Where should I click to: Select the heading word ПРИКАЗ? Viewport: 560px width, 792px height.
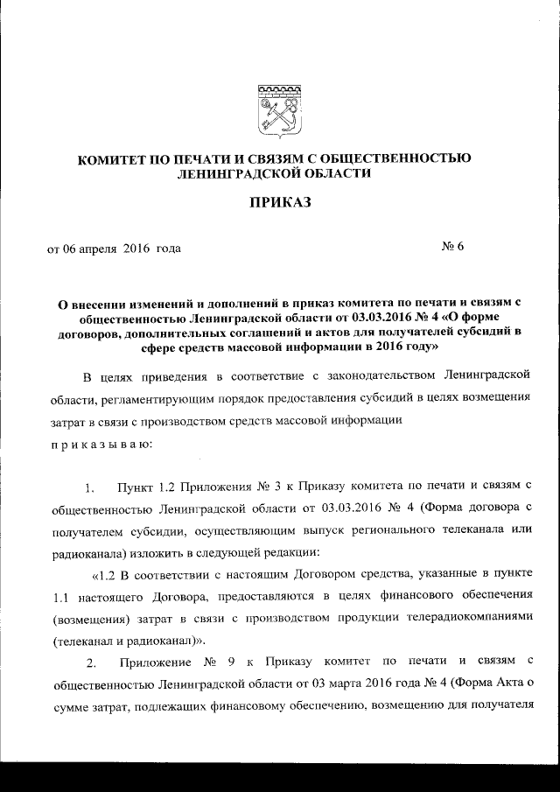280,205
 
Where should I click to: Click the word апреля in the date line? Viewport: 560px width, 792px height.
97,249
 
